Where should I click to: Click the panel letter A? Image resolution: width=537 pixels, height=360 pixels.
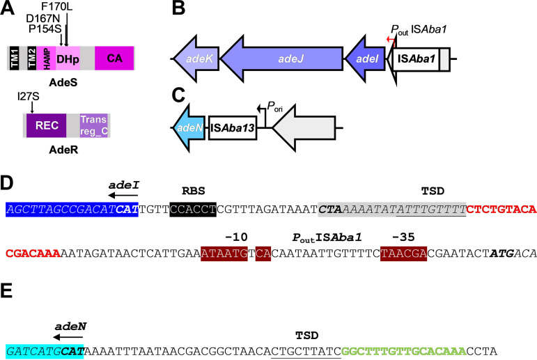8,8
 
